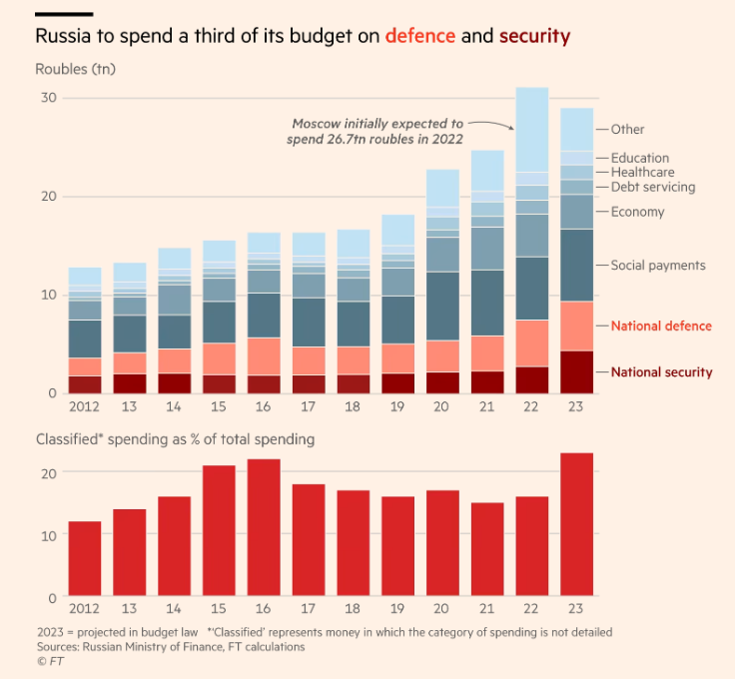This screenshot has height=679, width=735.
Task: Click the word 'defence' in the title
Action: coord(420,37)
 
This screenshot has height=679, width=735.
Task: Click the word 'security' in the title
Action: coord(534,37)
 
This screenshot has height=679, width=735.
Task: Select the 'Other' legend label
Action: coord(628,130)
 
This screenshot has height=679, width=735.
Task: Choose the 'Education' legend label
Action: coord(640,158)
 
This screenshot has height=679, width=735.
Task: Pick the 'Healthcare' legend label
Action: coord(643,173)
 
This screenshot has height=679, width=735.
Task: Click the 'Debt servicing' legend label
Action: coord(653,187)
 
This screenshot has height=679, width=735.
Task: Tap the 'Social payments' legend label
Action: coord(658,266)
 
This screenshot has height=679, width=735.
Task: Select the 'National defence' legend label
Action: coord(661,327)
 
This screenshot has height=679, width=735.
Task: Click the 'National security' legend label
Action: coord(661,372)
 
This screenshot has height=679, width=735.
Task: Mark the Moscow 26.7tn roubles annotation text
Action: coord(378,132)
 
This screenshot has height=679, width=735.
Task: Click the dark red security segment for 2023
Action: coord(576,372)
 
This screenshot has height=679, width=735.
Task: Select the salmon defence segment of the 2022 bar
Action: coord(531,342)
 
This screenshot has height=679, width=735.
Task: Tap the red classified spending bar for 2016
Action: coord(264,528)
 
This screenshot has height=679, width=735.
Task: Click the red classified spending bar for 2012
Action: coord(85,559)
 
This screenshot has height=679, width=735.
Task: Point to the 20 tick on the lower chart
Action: coord(49,472)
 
